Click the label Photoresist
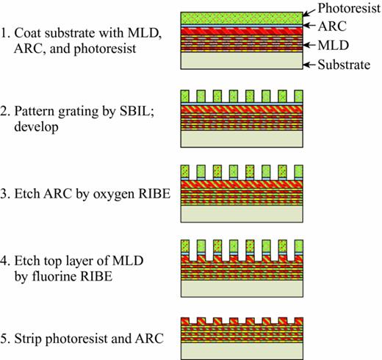(x=347, y=9)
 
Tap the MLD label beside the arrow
(x=335, y=46)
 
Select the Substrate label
(x=346, y=65)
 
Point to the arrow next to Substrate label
(x=313, y=65)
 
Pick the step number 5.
(x=6, y=339)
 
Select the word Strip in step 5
(x=34, y=339)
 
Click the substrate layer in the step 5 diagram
(x=242, y=351)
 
